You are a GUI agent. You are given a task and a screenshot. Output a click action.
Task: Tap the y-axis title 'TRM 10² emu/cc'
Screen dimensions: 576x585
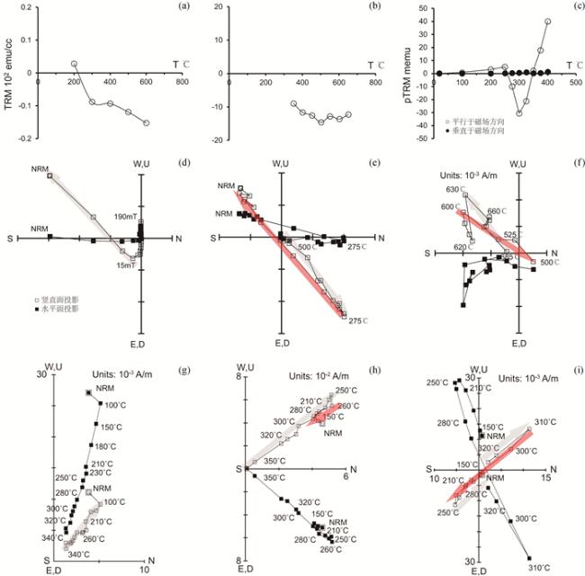[x=10, y=73]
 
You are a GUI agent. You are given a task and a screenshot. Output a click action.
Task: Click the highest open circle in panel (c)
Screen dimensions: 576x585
[x=548, y=22]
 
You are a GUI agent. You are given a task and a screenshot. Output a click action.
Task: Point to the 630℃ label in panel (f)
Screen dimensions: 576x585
[x=451, y=192]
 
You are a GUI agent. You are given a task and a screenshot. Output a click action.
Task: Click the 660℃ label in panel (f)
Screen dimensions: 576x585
[x=499, y=211]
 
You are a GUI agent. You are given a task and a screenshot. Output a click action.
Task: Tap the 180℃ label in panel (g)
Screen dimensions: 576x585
[x=106, y=446]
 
